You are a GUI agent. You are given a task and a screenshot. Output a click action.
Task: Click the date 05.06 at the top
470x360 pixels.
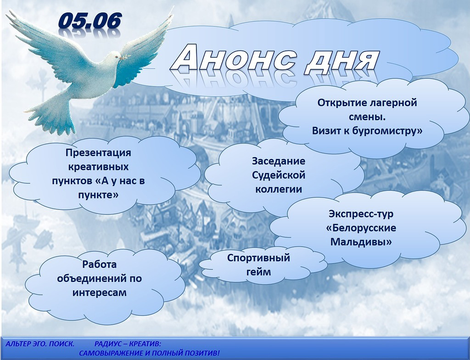(90, 22)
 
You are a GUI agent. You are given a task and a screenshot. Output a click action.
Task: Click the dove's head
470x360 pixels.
(113, 57)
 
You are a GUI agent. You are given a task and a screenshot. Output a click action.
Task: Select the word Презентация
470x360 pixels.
(98, 153)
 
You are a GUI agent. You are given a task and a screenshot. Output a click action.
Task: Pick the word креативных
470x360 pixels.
(98, 167)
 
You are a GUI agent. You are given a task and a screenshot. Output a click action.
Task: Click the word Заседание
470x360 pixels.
(279, 161)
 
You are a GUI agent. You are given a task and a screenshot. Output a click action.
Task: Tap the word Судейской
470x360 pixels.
(279, 175)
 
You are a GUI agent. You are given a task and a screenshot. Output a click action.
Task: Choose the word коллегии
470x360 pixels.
(279, 190)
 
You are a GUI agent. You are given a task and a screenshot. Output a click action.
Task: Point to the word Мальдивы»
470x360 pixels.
(361, 242)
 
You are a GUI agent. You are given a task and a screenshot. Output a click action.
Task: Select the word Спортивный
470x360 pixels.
(258, 258)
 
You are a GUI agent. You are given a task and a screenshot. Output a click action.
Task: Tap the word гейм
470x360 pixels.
(258, 272)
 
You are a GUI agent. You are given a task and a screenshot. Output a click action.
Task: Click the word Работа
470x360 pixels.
(99, 264)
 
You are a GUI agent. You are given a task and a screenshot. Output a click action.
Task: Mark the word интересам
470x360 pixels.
(99, 293)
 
